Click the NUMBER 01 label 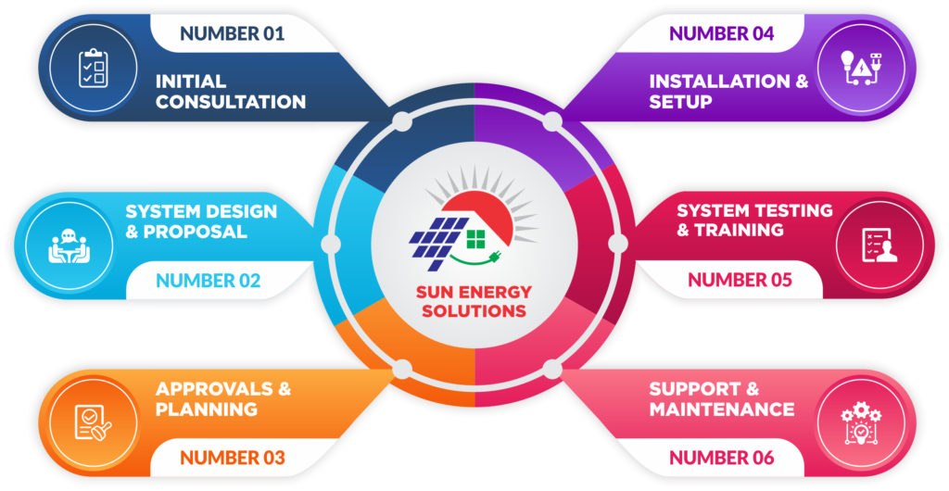pyautogui.click(x=232, y=34)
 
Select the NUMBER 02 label pyautogui.click(x=208, y=280)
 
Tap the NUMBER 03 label pyautogui.click(x=232, y=457)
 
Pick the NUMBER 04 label pyautogui.click(x=721, y=34)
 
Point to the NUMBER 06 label pyautogui.click(x=721, y=457)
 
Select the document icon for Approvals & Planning pyautogui.click(x=94, y=423)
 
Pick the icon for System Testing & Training pyautogui.click(x=879, y=245)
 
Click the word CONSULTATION pyautogui.click(x=231, y=102)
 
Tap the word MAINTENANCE pyautogui.click(x=721, y=409)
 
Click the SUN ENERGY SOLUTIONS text pyautogui.click(x=474, y=302)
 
